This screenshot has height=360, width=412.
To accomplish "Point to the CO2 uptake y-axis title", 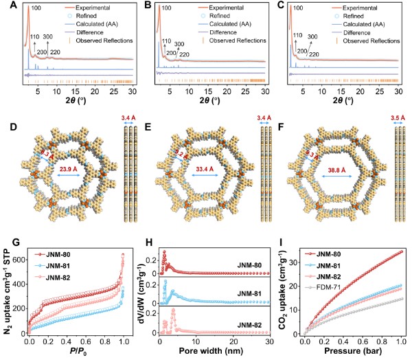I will [x=281, y=293].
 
